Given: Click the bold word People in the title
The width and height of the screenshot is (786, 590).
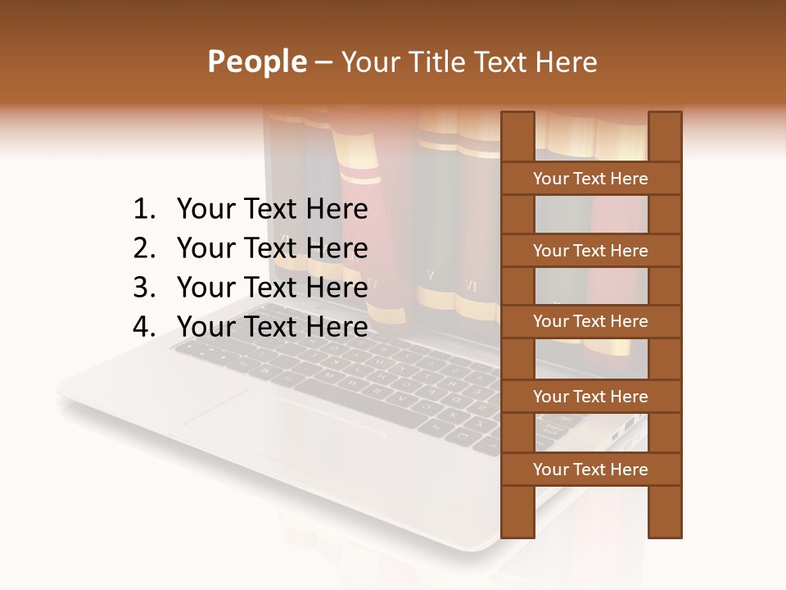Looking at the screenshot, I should [256, 62].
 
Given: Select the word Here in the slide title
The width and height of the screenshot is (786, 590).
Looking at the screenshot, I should [567, 62].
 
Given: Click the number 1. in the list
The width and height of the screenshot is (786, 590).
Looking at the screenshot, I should [144, 210].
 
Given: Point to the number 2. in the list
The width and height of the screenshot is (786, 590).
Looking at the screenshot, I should [144, 248].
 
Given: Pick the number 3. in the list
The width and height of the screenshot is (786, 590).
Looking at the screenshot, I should [144, 288].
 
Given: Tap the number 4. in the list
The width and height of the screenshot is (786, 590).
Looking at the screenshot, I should [144, 327].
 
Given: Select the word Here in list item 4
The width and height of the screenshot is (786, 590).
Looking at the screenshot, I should [337, 327].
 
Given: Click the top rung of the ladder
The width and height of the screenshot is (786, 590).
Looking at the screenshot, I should [590, 179].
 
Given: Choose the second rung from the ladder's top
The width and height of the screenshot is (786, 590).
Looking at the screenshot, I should [590, 251].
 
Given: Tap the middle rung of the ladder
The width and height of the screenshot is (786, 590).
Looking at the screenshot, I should [590, 322].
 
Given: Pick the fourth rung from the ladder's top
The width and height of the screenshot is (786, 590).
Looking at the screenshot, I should [590, 397].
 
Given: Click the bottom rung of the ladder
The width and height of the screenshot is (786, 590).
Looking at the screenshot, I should [590, 470].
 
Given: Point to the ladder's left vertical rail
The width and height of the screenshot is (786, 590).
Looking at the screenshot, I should [517, 508].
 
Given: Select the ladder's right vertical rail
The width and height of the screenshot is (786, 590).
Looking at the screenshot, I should [665, 508].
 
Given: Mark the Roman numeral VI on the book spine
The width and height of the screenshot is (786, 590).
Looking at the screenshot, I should [471, 286].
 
